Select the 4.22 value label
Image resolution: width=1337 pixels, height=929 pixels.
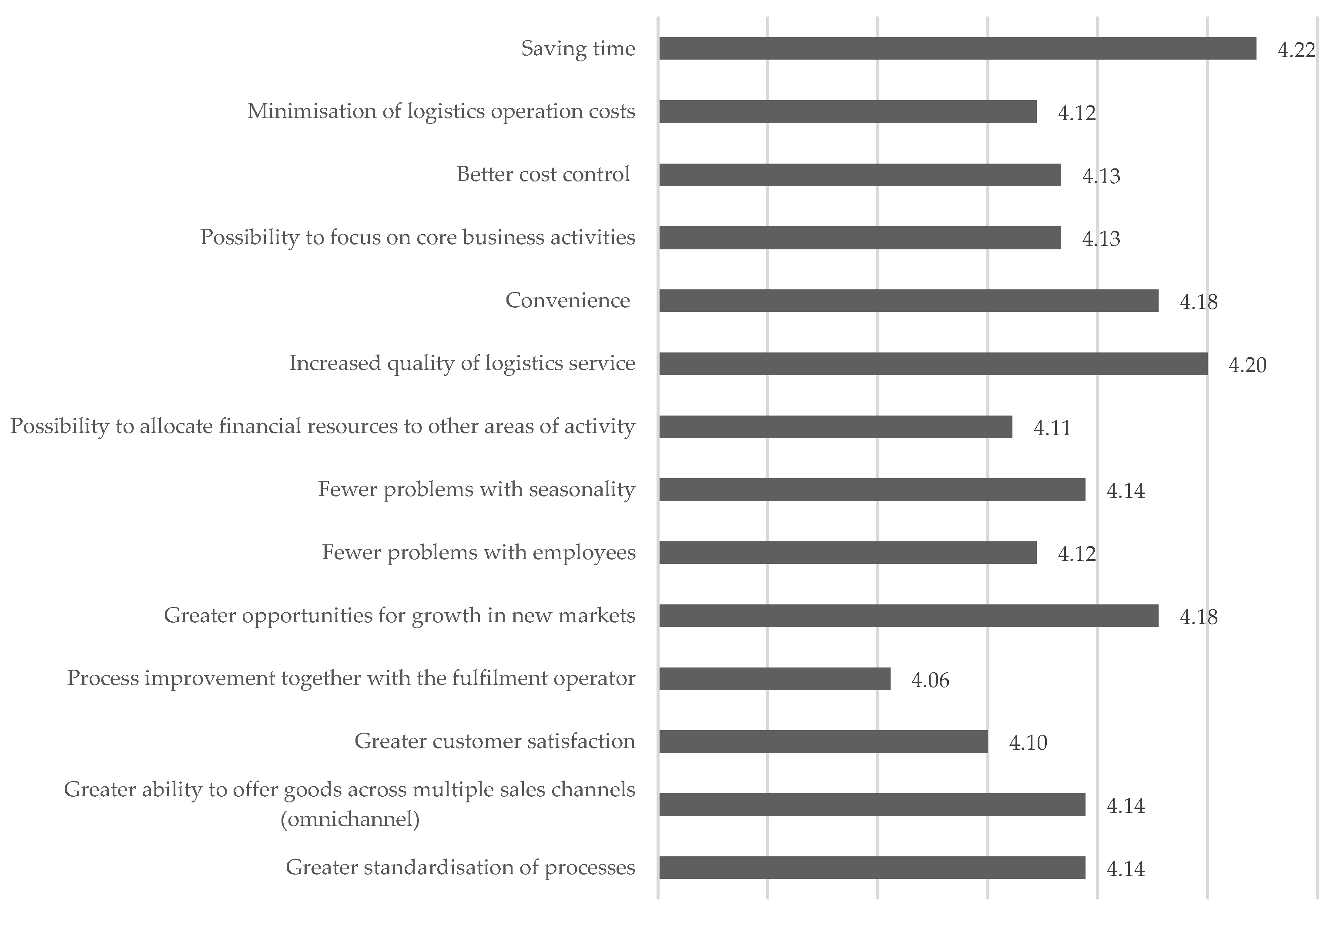click(1296, 50)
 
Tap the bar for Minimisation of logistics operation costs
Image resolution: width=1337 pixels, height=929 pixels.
click(847, 112)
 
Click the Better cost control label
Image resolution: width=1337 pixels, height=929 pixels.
click(543, 174)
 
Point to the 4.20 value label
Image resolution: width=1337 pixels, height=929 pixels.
click(1247, 365)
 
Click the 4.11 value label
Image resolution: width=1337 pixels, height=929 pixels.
click(1051, 428)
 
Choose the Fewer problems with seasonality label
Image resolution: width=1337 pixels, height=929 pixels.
click(476, 489)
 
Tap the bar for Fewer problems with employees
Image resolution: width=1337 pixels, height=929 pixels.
click(847, 552)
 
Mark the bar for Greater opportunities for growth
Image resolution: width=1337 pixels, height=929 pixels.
click(908, 615)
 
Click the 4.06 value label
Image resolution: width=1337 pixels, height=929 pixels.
click(930, 680)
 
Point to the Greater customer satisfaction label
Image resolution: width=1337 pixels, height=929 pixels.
click(495, 741)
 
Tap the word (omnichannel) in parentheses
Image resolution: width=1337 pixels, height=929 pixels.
click(350, 819)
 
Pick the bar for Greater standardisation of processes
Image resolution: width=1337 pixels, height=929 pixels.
click(871, 867)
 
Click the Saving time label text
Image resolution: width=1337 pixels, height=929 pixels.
click(577, 48)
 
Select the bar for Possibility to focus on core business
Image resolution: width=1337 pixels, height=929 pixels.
click(859, 238)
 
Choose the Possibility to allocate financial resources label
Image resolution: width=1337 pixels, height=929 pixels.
click(322, 426)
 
